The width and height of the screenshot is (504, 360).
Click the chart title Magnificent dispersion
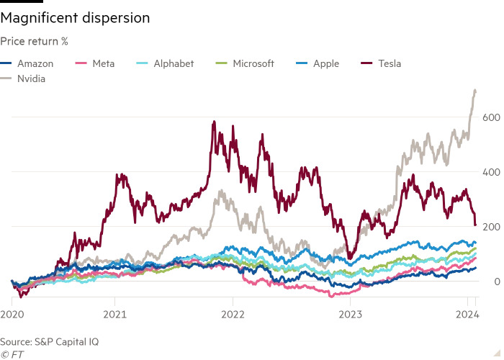click(x=75, y=18)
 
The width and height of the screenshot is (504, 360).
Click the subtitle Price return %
click(x=35, y=42)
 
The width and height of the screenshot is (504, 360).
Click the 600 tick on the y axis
click(x=491, y=117)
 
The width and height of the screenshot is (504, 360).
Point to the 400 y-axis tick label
click(x=491, y=172)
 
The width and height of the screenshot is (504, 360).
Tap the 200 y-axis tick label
click(x=491, y=227)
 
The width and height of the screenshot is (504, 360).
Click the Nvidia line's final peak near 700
click(x=474, y=90)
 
